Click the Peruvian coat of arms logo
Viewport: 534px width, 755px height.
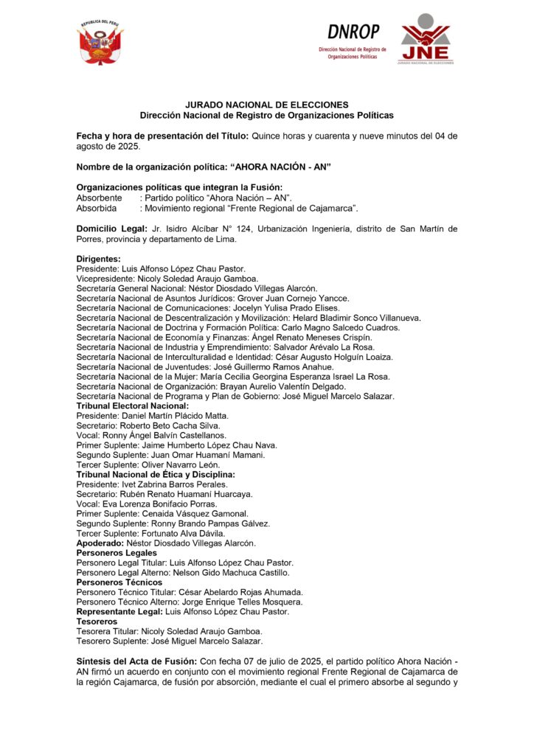point(100,44)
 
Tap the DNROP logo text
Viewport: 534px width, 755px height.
point(353,32)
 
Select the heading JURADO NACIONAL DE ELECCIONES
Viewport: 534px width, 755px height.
point(267,105)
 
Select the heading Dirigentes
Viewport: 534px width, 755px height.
point(99,259)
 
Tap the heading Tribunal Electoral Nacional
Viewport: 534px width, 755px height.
point(133,406)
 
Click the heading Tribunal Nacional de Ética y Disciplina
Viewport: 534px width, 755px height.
point(156,474)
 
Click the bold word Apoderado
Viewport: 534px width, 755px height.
point(100,543)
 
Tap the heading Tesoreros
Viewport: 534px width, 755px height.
point(98,621)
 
